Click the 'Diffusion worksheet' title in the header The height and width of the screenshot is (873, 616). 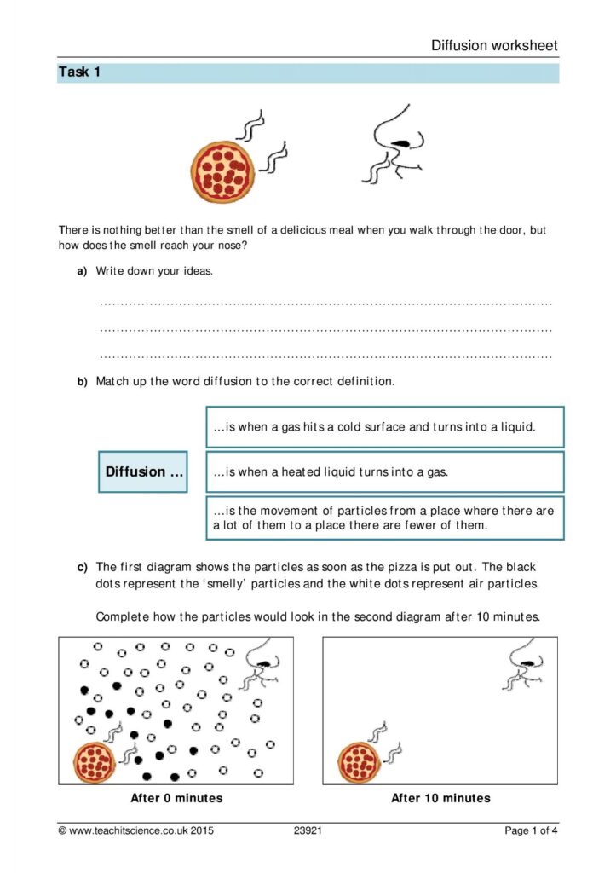(x=494, y=46)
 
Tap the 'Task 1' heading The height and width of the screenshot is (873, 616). (x=79, y=72)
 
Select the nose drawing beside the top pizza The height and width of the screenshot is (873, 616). (x=398, y=144)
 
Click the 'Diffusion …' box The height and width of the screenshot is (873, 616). (x=143, y=471)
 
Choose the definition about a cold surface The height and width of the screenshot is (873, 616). (x=384, y=427)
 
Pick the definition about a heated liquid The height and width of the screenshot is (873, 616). (x=384, y=471)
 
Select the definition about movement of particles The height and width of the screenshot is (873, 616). (x=384, y=517)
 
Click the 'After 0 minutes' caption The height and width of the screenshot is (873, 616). (x=176, y=798)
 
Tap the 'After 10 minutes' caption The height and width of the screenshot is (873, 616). (x=440, y=798)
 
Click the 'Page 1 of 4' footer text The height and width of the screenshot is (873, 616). (x=532, y=830)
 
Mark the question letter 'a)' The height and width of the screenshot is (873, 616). (x=83, y=270)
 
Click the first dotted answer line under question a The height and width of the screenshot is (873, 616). (x=325, y=303)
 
